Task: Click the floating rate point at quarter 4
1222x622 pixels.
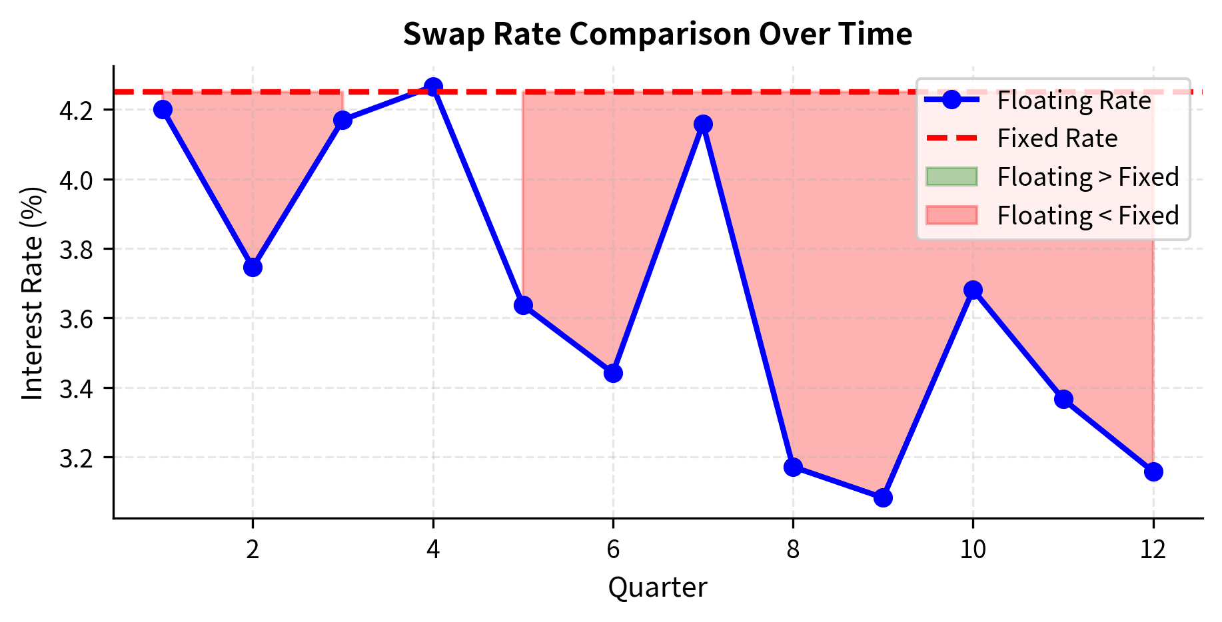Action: coord(433,87)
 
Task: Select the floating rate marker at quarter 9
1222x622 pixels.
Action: coord(883,497)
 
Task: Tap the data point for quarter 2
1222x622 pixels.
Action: coord(253,267)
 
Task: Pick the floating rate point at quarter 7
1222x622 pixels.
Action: coord(703,124)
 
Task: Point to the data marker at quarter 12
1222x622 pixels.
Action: coord(1153,471)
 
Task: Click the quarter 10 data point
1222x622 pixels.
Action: coord(973,290)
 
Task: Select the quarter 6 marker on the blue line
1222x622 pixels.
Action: coord(613,373)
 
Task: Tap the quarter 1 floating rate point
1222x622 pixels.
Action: coord(163,109)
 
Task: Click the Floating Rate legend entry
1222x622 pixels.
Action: coord(1073,101)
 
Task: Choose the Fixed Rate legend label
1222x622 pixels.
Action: coord(1057,139)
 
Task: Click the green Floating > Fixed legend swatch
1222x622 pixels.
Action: coord(951,177)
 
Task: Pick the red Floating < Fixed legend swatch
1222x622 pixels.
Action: coord(951,216)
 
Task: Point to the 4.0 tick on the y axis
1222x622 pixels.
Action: coord(79,180)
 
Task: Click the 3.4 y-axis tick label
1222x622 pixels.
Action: coord(79,388)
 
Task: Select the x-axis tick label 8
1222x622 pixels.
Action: coord(793,549)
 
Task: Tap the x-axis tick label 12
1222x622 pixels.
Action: coord(1153,549)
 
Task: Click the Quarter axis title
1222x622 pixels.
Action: coord(657,587)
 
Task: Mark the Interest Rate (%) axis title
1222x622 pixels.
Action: coord(33,293)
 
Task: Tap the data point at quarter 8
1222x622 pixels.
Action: coord(793,466)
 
